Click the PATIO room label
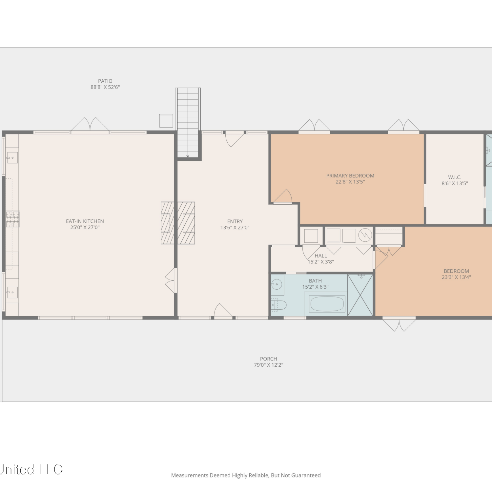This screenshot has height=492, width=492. coord(105,81)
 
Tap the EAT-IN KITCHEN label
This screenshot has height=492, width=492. coord(85,221)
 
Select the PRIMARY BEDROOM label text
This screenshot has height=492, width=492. coord(350,176)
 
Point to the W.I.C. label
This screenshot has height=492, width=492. coord(455,177)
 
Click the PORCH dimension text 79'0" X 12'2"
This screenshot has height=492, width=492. coord(269,365)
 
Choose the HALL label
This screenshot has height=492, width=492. coord(321,256)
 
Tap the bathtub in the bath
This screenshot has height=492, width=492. coord(327,304)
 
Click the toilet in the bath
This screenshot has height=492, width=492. coord(278,305)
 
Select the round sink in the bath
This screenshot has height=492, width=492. coord(277,284)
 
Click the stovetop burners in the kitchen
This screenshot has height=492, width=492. coord(13,219)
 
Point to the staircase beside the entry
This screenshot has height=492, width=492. coord(188,123)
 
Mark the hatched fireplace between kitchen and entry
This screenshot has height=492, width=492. coord(178,223)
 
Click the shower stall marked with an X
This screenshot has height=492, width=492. coord(360,295)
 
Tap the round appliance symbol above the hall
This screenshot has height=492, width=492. coord(365,235)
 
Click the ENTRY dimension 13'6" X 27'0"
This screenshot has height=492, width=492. coord(235,228)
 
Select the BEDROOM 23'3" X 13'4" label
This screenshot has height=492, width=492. coord(456,274)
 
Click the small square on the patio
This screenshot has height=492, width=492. coord(166,121)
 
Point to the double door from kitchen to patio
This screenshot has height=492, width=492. coord(90,125)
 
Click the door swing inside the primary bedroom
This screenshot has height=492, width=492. coord(283,196)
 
